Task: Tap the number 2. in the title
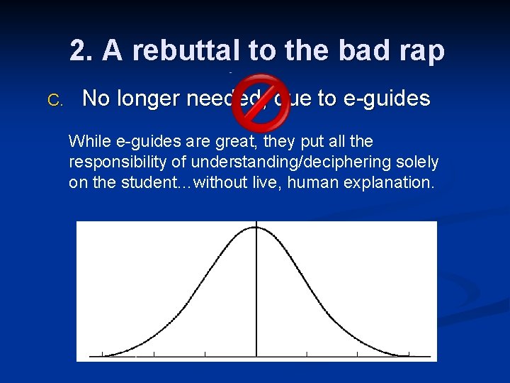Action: (x=82, y=50)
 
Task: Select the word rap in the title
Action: (x=423, y=50)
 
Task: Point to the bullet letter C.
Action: (x=55, y=100)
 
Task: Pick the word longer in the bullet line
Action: (x=147, y=99)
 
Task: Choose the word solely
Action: (x=419, y=162)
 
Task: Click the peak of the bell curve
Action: (x=256, y=227)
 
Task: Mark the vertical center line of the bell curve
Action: (x=256, y=298)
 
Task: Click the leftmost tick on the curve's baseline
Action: (x=103, y=354)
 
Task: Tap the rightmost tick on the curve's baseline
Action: (x=409, y=354)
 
